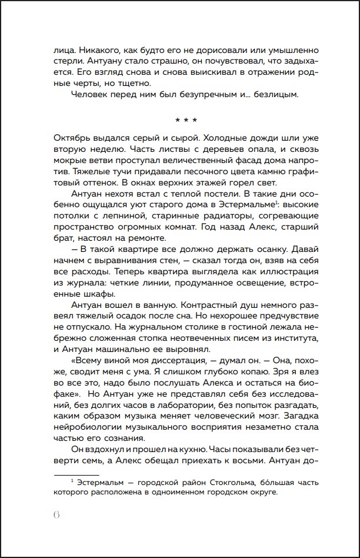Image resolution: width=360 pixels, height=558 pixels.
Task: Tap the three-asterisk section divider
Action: click(x=180, y=121)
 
